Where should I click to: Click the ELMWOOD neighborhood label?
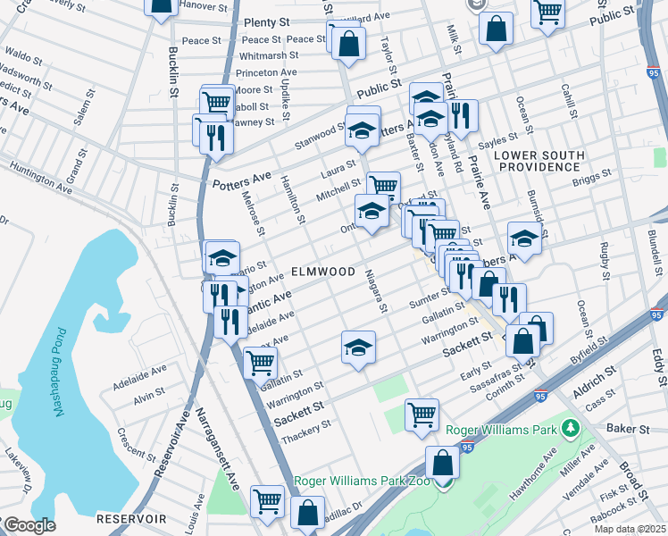coord(322,271)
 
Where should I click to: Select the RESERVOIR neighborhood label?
coord(131,518)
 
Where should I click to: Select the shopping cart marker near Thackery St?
coord(422,414)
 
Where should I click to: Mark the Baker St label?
coord(630,429)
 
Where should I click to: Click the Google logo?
coord(29,525)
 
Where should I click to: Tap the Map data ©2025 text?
coord(630,529)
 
